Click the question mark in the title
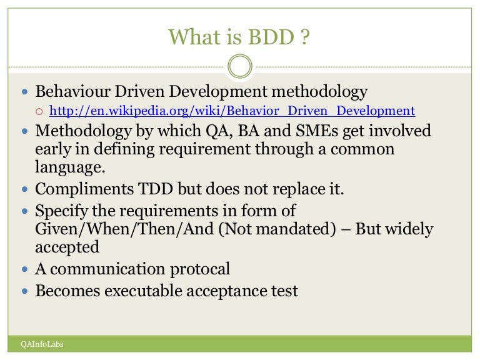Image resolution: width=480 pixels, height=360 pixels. pyautogui.click(x=304, y=38)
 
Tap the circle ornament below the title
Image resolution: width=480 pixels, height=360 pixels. pyautogui.click(x=240, y=66)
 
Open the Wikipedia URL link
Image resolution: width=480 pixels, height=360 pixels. pyautogui.click(x=232, y=111)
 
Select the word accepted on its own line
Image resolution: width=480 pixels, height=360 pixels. pyautogui.click(x=67, y=247)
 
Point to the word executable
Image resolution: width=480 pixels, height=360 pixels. pyautogui.click(x=148, y=290)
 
